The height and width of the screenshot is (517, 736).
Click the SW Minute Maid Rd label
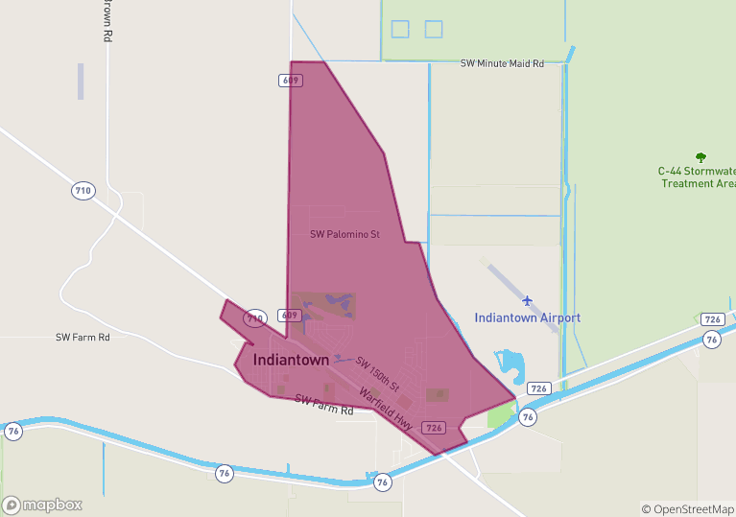pos(502,63)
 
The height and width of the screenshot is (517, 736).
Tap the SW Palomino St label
pos(344,234)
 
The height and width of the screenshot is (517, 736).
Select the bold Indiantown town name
pos(291,360)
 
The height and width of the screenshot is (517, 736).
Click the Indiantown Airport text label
pos(527,317)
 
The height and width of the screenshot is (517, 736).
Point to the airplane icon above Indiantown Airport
pos(527,301)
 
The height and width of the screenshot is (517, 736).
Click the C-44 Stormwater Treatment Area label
pos(698,177)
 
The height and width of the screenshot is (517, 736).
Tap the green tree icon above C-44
pos(700,156)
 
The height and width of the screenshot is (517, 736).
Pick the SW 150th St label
pos(377,373)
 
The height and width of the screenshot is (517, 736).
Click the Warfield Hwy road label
pos(386,408)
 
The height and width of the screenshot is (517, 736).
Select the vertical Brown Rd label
pos(108,19)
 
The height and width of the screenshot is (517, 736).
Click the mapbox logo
pos(42,505)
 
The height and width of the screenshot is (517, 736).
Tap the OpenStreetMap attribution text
pos(687,509)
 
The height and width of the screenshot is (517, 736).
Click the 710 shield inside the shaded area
pos(254,317)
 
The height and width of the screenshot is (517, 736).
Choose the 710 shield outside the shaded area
pos(83,191)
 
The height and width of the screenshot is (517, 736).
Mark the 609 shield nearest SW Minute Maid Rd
pos(293,81)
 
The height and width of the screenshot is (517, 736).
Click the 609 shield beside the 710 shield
pos(290,315)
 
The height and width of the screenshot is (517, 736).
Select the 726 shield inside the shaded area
pos(434,428)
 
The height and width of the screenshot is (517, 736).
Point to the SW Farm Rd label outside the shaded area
pos(83,338)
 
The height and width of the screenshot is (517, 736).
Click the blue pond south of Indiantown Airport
pos(510,365)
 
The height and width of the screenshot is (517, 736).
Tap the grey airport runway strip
pos(522,297)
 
